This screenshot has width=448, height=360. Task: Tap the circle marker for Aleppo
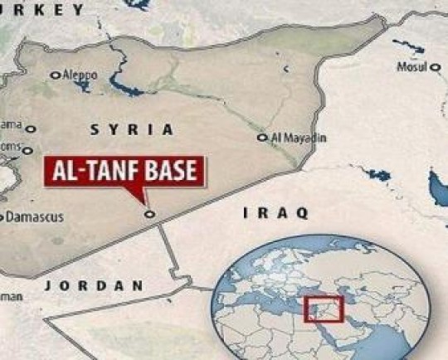point(56,75)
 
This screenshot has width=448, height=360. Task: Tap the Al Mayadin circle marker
point(262,137)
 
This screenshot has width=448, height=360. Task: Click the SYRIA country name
point(133,130)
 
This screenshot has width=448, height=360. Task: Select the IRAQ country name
point(275,213)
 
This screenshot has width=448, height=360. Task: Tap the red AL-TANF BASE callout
point(123,173)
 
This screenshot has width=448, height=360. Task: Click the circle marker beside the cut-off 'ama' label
point(32,129)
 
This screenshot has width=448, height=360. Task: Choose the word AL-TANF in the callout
point(94,173)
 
